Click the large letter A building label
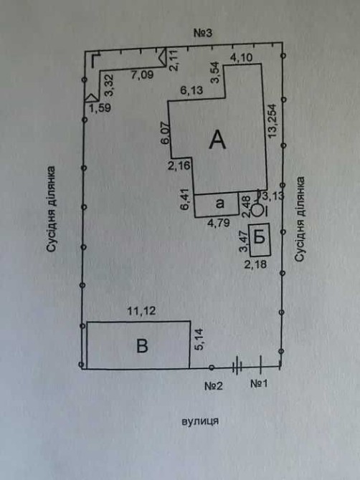[x=217, y=140]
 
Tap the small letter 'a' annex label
[x=220, y=203]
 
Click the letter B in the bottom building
[x=142, y=346]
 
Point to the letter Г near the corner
[x=96, y=61]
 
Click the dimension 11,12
[x=141, y=311]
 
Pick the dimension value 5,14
[x=199, y=340]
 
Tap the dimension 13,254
[x=272, y=121]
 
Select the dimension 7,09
[x=143, y=75]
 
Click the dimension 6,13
[x=191, y=90]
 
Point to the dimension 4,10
[x=242, y=57]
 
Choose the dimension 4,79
[x=219, y=223]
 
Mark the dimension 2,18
[x=255, y=264]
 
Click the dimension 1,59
[x=100, y=108]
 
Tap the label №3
[x=203, y=33]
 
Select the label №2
[x=214, y=385]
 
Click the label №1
[x=259, y=383]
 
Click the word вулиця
[x=200, y=421]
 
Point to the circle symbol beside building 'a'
[x=257, y=211]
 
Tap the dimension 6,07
[x=165, y=133]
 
